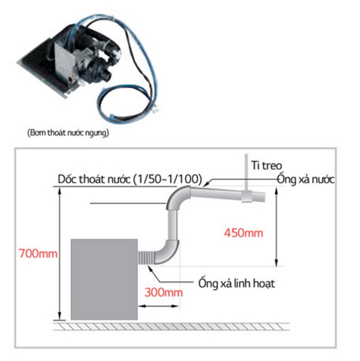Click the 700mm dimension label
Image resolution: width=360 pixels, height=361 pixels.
click(x=38, y=254)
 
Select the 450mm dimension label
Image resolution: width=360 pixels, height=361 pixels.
click(x=243, y=233)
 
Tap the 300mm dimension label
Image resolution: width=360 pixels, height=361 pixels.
click(x=164, y=292)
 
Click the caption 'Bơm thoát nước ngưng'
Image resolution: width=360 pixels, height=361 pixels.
click(x=68, y=133)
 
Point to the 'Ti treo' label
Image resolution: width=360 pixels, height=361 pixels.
click(x=266, y=165)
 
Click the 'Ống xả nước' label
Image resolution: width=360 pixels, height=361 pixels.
click(x=306, y=179)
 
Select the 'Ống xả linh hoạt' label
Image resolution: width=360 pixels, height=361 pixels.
click(x=237, y=283)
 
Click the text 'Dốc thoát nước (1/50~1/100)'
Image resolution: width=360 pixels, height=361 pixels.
click(x=130, y=179)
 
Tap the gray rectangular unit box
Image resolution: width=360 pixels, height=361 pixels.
click(x=104, y=279)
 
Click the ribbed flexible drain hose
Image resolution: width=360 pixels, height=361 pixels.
click(x=146, y=257)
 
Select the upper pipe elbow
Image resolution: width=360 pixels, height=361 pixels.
click(x=177, y=196)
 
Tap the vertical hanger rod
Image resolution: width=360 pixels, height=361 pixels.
click(x=246, y=172)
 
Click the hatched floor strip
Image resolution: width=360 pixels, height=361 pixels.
click(x=171, y=326)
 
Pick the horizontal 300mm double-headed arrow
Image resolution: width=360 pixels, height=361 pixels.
click(x=158, y=306)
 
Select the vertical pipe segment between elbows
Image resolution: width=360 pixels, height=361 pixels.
click(x=173, y=225)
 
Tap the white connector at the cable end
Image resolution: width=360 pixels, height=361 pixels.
click(x=156, y=109)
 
